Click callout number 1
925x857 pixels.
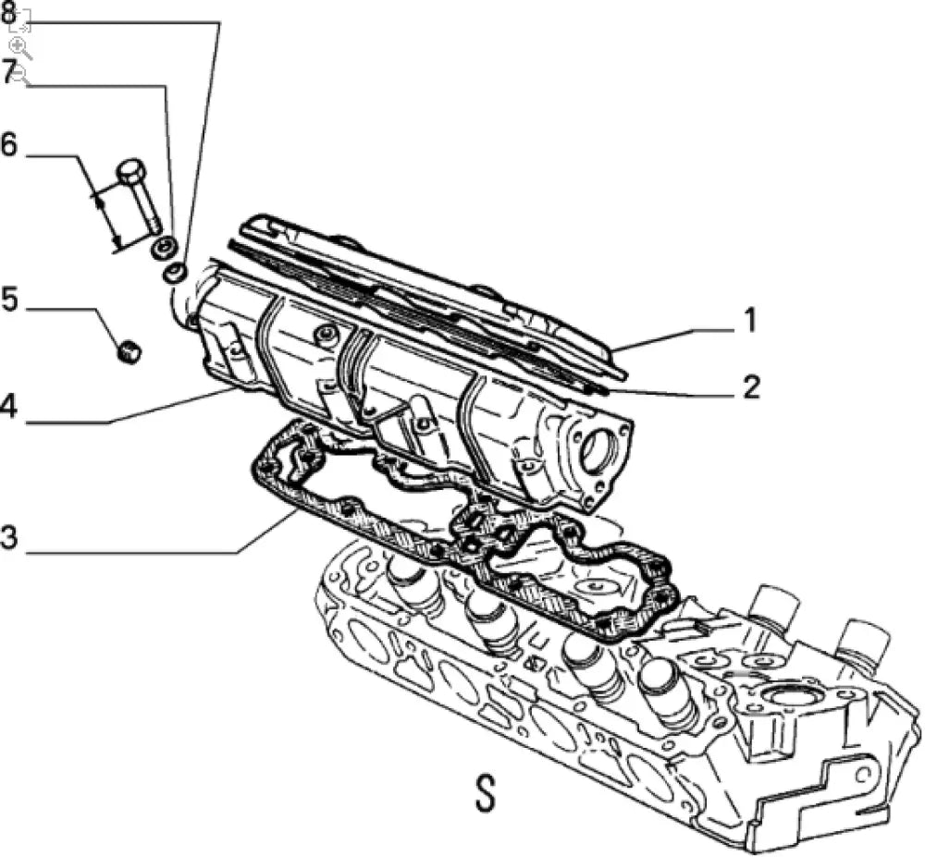[749, 321]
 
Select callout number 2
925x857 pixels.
[749, 386]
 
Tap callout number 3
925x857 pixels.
[9, 537]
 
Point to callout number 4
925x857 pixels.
[9, 408]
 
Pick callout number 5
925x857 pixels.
[9, 300]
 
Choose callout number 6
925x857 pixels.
[9, 145]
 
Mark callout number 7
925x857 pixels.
[9, 72]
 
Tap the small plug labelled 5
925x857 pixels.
[130, 350]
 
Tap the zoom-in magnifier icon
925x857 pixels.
[19, 46]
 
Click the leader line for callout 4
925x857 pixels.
[166, 408]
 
